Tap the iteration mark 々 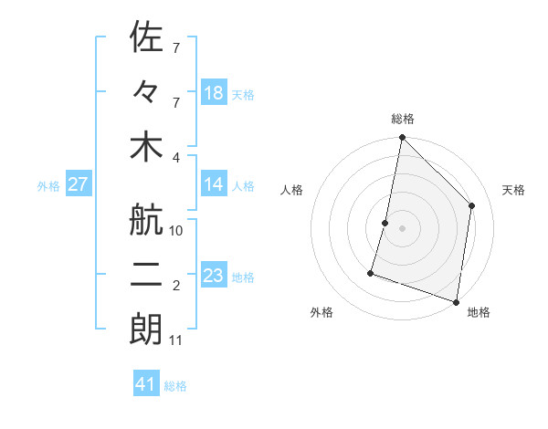click(x=146, y=92)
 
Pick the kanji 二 click(x=146, y=276)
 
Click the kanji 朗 click(x=146, y=330)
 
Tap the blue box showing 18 click(x=214, y=93)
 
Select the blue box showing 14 click(x=214, y=184)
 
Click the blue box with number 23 click(x=214, y=276)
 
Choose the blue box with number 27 click(x=78, y=184)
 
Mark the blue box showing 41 click(x=146, y=384)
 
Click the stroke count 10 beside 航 click(x=176, y=231)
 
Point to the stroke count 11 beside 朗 click(x=176, y=340)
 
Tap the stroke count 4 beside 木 click(x=176, y=156)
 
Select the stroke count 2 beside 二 click(x=176, y=286)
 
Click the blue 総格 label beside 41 click(x=175, y=386)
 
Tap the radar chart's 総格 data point click(x=402, y=138)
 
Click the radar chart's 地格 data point click(x=456, y=301)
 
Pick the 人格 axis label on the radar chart click(x=292, y=190)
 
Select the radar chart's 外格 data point click(x=371, y=272)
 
